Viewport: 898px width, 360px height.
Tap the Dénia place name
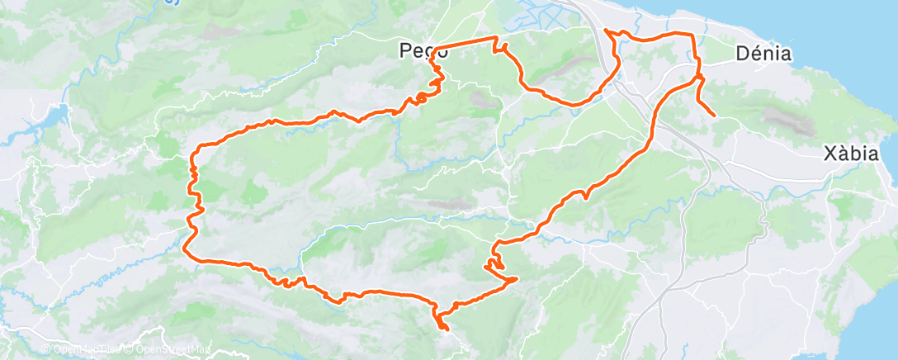(763, 54)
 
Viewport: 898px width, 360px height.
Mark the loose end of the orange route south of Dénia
(713, 116)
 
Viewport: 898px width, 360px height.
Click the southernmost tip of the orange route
(446, 329)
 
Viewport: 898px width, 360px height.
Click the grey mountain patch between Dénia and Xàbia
(792, 122)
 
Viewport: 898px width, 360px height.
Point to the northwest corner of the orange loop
(195, 154)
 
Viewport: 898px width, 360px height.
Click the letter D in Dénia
(741, 54)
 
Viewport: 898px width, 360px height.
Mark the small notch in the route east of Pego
(497, 50)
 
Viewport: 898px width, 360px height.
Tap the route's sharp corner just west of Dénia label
(692, 35)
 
